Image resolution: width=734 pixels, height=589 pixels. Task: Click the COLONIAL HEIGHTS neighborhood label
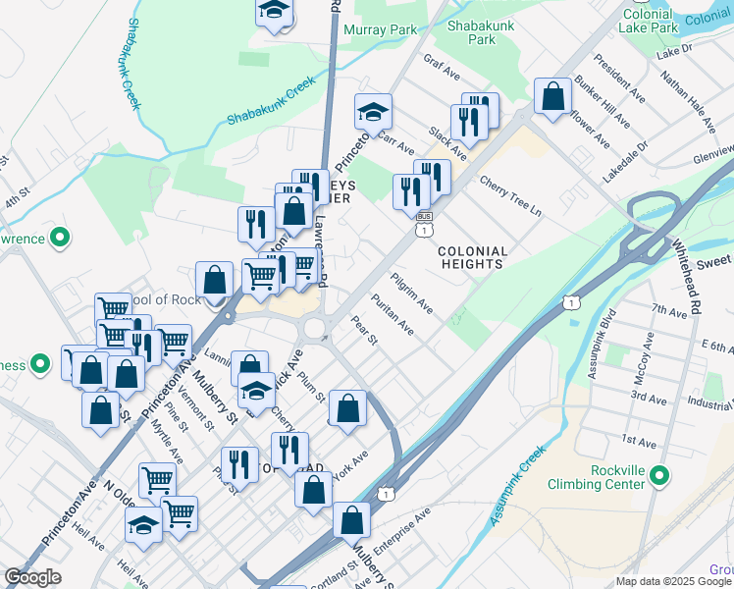[473, 258]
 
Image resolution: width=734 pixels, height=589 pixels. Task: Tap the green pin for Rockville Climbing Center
[659, 477]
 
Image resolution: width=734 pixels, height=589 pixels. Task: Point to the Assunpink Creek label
[517, 483]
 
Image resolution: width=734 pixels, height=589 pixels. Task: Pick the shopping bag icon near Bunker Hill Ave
[553, 97]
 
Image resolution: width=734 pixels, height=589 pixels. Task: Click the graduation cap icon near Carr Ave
[373, 113]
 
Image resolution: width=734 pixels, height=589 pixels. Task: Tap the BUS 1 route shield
[424, 223]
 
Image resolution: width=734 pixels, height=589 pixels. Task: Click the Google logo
[32, 577]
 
